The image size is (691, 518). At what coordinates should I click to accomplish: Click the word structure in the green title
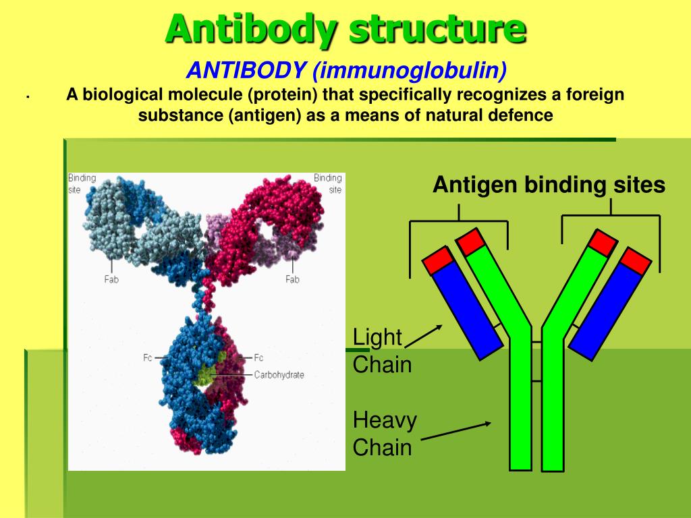coord(437,28)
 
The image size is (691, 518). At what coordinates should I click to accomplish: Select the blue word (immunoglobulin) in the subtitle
coord(410,70)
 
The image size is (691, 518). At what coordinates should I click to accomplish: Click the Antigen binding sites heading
coord(549,184)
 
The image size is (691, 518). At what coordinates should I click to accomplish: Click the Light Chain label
coord(382,351)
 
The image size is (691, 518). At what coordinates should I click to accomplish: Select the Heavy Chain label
coord(384,434)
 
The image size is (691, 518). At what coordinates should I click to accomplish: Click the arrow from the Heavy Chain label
coord(456,431)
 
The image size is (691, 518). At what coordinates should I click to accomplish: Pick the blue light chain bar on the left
coord(467,311)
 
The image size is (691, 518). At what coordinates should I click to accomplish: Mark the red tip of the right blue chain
coord(636,261)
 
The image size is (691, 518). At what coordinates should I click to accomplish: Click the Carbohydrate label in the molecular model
coord(279,375)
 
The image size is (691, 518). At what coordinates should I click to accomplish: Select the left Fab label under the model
coord(111,279)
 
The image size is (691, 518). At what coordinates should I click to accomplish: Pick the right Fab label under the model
coord(292,279)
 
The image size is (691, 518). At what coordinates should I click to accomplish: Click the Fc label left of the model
coord(147,357)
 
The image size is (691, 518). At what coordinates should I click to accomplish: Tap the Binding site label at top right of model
coord(328,183)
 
